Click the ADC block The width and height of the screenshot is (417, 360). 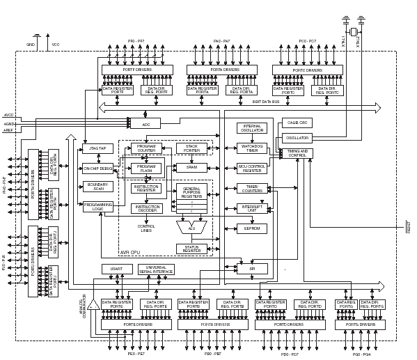pos(145,123)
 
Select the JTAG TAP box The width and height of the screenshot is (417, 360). pos(97,148)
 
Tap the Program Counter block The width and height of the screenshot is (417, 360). pos(146,148)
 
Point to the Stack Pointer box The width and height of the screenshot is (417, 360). pos(191,148)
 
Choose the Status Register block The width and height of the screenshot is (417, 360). pos(191,249)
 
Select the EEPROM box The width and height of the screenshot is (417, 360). pos(251,228)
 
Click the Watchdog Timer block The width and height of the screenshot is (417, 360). pos(251,148)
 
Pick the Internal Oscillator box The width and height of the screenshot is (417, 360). pos(251,128)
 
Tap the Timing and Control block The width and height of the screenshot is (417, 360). pos(297,153)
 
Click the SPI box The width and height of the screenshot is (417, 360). pos(251,269)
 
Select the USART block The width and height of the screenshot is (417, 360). pos(117,269)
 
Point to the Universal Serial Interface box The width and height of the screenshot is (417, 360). pos(157,269)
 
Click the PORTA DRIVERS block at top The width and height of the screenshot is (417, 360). pos(221,70)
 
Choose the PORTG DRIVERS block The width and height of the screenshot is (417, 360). pos(360,324)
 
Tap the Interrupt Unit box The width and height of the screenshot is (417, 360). pos(251,208)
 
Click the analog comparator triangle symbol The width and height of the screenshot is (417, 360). pos(93,305)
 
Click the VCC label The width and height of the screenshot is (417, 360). pos(56,45)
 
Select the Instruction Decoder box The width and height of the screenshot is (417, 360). pos(146,208)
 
